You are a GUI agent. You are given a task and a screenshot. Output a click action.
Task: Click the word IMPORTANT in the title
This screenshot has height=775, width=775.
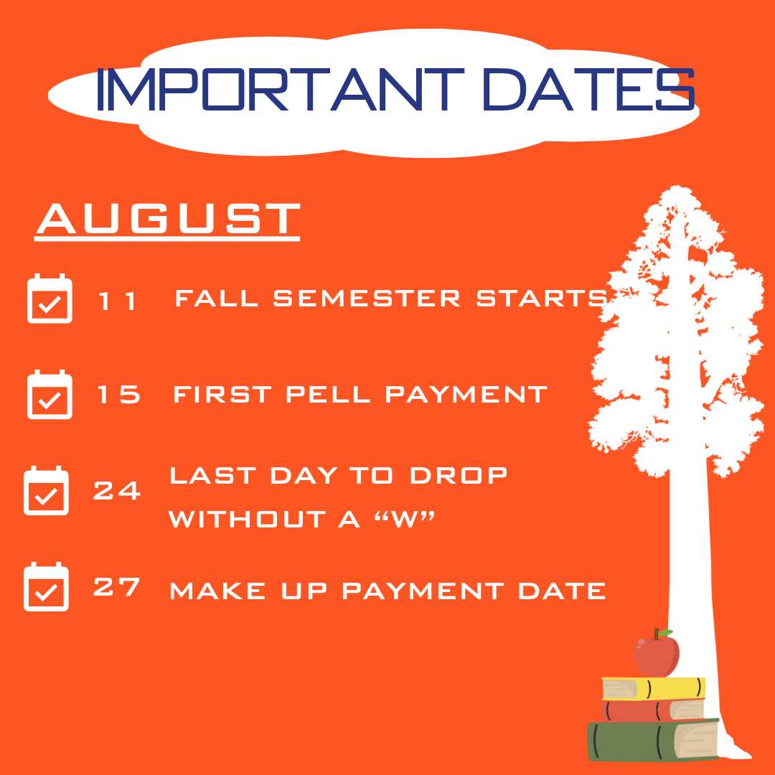point(281,90)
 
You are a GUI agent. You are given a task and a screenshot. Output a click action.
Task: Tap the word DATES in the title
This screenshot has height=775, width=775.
point(588,90)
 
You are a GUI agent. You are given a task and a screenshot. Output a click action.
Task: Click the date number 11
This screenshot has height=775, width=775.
point(117,301)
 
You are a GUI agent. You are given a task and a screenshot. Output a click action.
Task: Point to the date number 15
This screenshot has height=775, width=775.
point(118,394)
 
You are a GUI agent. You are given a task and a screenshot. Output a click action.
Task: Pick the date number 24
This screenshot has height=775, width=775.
point(117,490)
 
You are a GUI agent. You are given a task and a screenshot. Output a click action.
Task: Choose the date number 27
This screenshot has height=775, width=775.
point(117,587)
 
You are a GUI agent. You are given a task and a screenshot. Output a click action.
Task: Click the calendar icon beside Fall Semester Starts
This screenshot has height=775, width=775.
point(50,299)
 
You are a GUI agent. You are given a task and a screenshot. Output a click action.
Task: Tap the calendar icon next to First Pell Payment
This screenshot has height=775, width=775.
point(50,395)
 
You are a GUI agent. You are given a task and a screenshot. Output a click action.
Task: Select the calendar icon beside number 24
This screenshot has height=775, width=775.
point(46,490)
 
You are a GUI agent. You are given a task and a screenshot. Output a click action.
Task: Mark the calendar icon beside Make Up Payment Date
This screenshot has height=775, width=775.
point(46,587)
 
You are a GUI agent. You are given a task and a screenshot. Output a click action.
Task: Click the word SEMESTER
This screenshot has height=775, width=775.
point(367,298)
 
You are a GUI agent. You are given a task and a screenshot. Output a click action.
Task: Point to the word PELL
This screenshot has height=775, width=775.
point(328,395)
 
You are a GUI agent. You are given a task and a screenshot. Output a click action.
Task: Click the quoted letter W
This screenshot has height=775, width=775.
point(405,519)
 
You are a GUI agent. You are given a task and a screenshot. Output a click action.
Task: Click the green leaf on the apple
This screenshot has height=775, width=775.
point(665,633)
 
